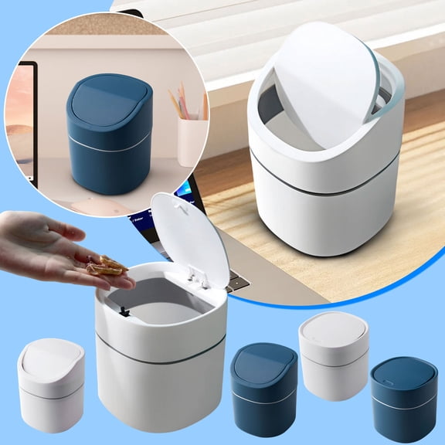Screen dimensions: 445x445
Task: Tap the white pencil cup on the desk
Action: pos(192,141)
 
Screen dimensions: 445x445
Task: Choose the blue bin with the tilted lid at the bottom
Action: pos(263,379)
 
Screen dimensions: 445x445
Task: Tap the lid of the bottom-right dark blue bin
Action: pos(403,375)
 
